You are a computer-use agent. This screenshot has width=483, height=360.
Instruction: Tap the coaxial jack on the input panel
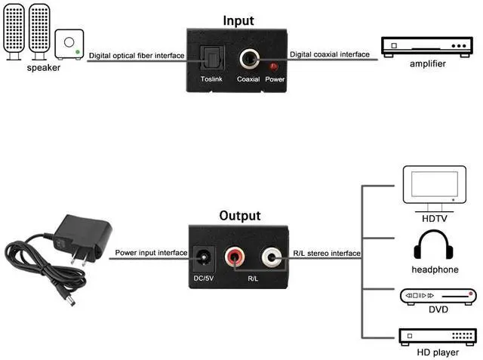tap(248, 59)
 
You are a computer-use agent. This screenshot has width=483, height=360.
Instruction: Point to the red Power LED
tap(274, 67)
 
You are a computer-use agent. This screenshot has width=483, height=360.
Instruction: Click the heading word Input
tap(238, 20)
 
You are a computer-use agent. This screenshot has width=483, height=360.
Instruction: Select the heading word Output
tap(239, 216)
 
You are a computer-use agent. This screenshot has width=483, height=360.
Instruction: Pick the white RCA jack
tap(272, 260)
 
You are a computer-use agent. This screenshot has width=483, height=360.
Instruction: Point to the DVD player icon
tap(439, 296)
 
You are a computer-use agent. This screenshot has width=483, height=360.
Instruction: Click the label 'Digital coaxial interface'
tap(330, 54)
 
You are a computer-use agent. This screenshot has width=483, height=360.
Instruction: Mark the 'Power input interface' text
tap(151, 253)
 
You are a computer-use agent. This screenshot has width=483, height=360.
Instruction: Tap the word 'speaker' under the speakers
tap(43, 67)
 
